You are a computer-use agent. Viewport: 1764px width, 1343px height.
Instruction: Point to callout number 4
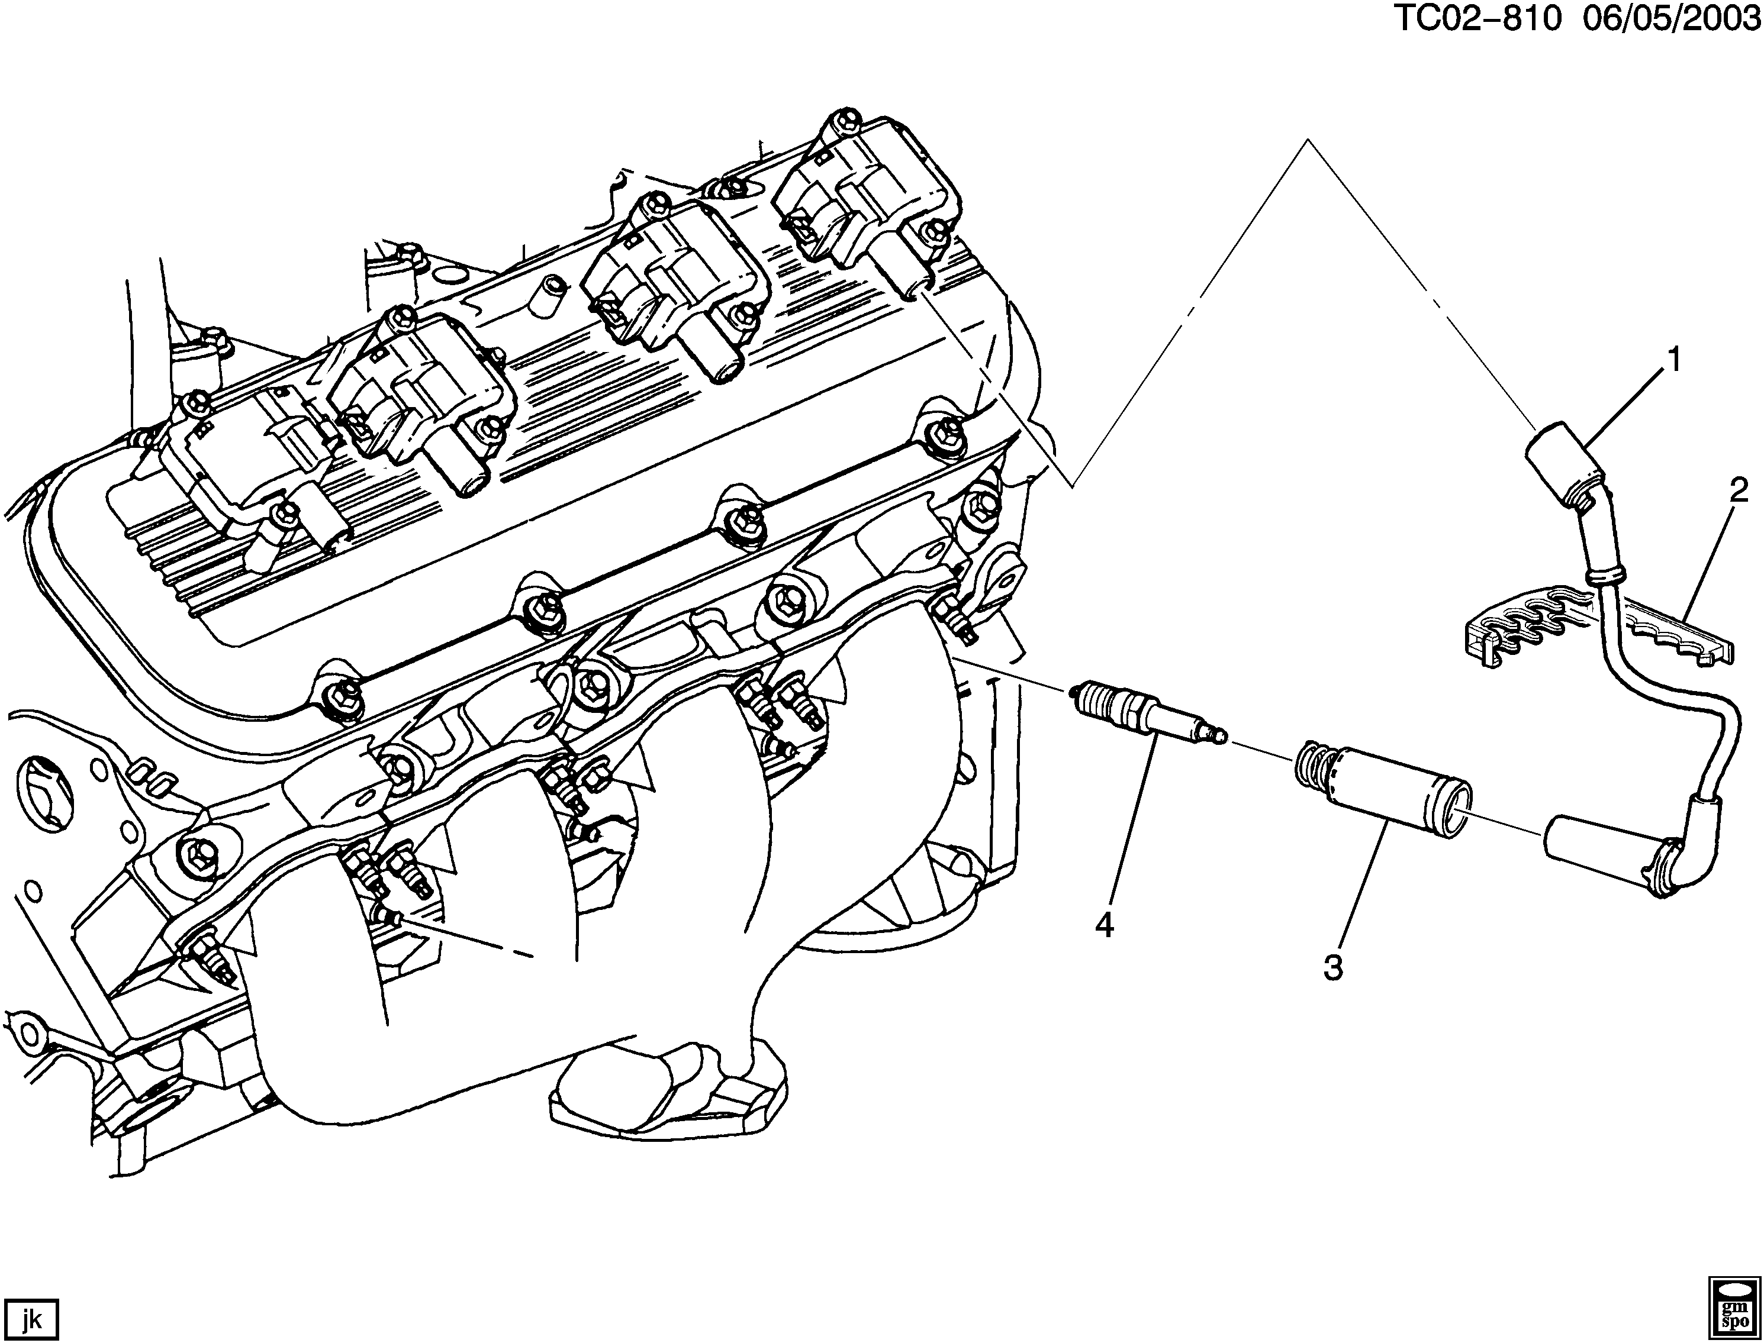[x=1105, y=926]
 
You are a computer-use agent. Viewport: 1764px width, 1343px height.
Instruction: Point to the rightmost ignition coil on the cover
[x=868, y=200]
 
